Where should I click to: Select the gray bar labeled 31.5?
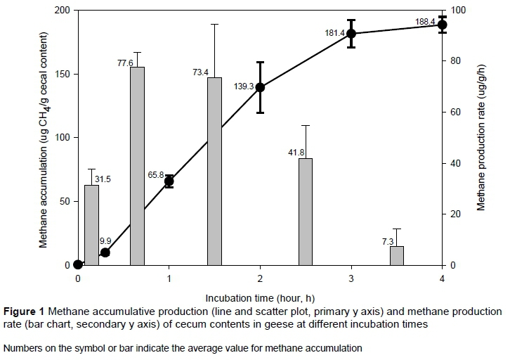pyautogui.click(x=91, y=225)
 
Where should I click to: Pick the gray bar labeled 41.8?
pyautogui.click(x=306, y=212)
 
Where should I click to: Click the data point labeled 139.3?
pyautogui.click(x=260, y=87)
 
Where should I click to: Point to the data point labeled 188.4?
pyautogui.click(x=442, y=25)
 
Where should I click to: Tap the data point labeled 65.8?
pyautogui.click(x=169, y=181)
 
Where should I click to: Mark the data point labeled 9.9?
pyautogui.click(x=105, y=252)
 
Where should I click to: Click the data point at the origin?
pyautogui.click(x=78, y=265)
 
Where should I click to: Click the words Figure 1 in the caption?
pyautogui.click(x=23, y=311)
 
